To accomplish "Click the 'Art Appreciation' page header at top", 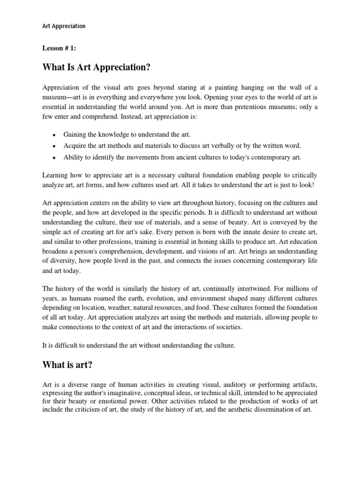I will [64, 26].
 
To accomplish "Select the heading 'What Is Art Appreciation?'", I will [97, 67].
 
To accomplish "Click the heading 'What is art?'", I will [71, 364].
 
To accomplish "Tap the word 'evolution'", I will [172, 297].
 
